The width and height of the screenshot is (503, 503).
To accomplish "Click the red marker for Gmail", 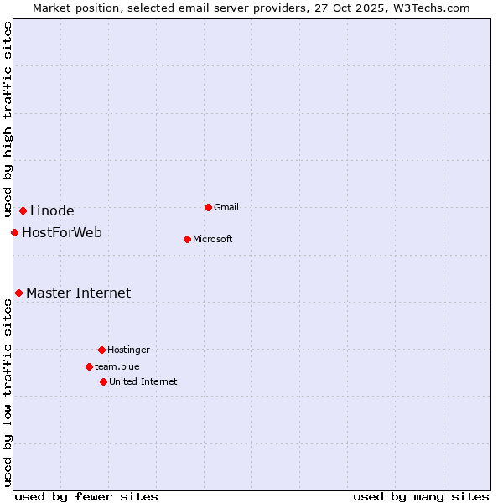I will coord(208,207).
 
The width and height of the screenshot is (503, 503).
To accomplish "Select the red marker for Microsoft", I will coord(187,239).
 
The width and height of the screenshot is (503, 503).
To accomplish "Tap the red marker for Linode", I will coord(23,210).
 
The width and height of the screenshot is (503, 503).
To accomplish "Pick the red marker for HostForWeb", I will coord(14,232).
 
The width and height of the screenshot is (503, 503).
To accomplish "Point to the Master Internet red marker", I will coord(18,293).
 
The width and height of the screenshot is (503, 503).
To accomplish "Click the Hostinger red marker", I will coord(101,350).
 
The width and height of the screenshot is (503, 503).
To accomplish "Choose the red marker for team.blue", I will coord(89,366).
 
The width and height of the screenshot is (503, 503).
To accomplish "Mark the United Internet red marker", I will coord(103,381).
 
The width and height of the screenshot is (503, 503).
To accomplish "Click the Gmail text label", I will coord(226,207).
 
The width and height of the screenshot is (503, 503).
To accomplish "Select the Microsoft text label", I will coord(213,239).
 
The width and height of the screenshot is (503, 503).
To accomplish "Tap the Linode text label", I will coord(52,210).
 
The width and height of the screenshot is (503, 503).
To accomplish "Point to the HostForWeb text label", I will coord(62,232).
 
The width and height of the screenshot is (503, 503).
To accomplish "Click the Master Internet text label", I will coord(78,293).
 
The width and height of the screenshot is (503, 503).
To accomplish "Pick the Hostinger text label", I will coord(128,350).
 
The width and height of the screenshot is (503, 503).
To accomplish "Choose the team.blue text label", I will coord(117,366).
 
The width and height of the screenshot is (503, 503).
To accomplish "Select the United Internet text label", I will coord(143,381).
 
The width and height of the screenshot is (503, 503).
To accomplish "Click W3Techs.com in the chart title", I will coord(428,8).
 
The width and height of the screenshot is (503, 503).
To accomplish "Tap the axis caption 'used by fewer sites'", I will coord(86,496).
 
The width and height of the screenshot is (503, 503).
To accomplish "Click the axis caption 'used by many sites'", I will coord(421,496).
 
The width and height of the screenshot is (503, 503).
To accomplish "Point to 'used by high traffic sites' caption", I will coord(8,119).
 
